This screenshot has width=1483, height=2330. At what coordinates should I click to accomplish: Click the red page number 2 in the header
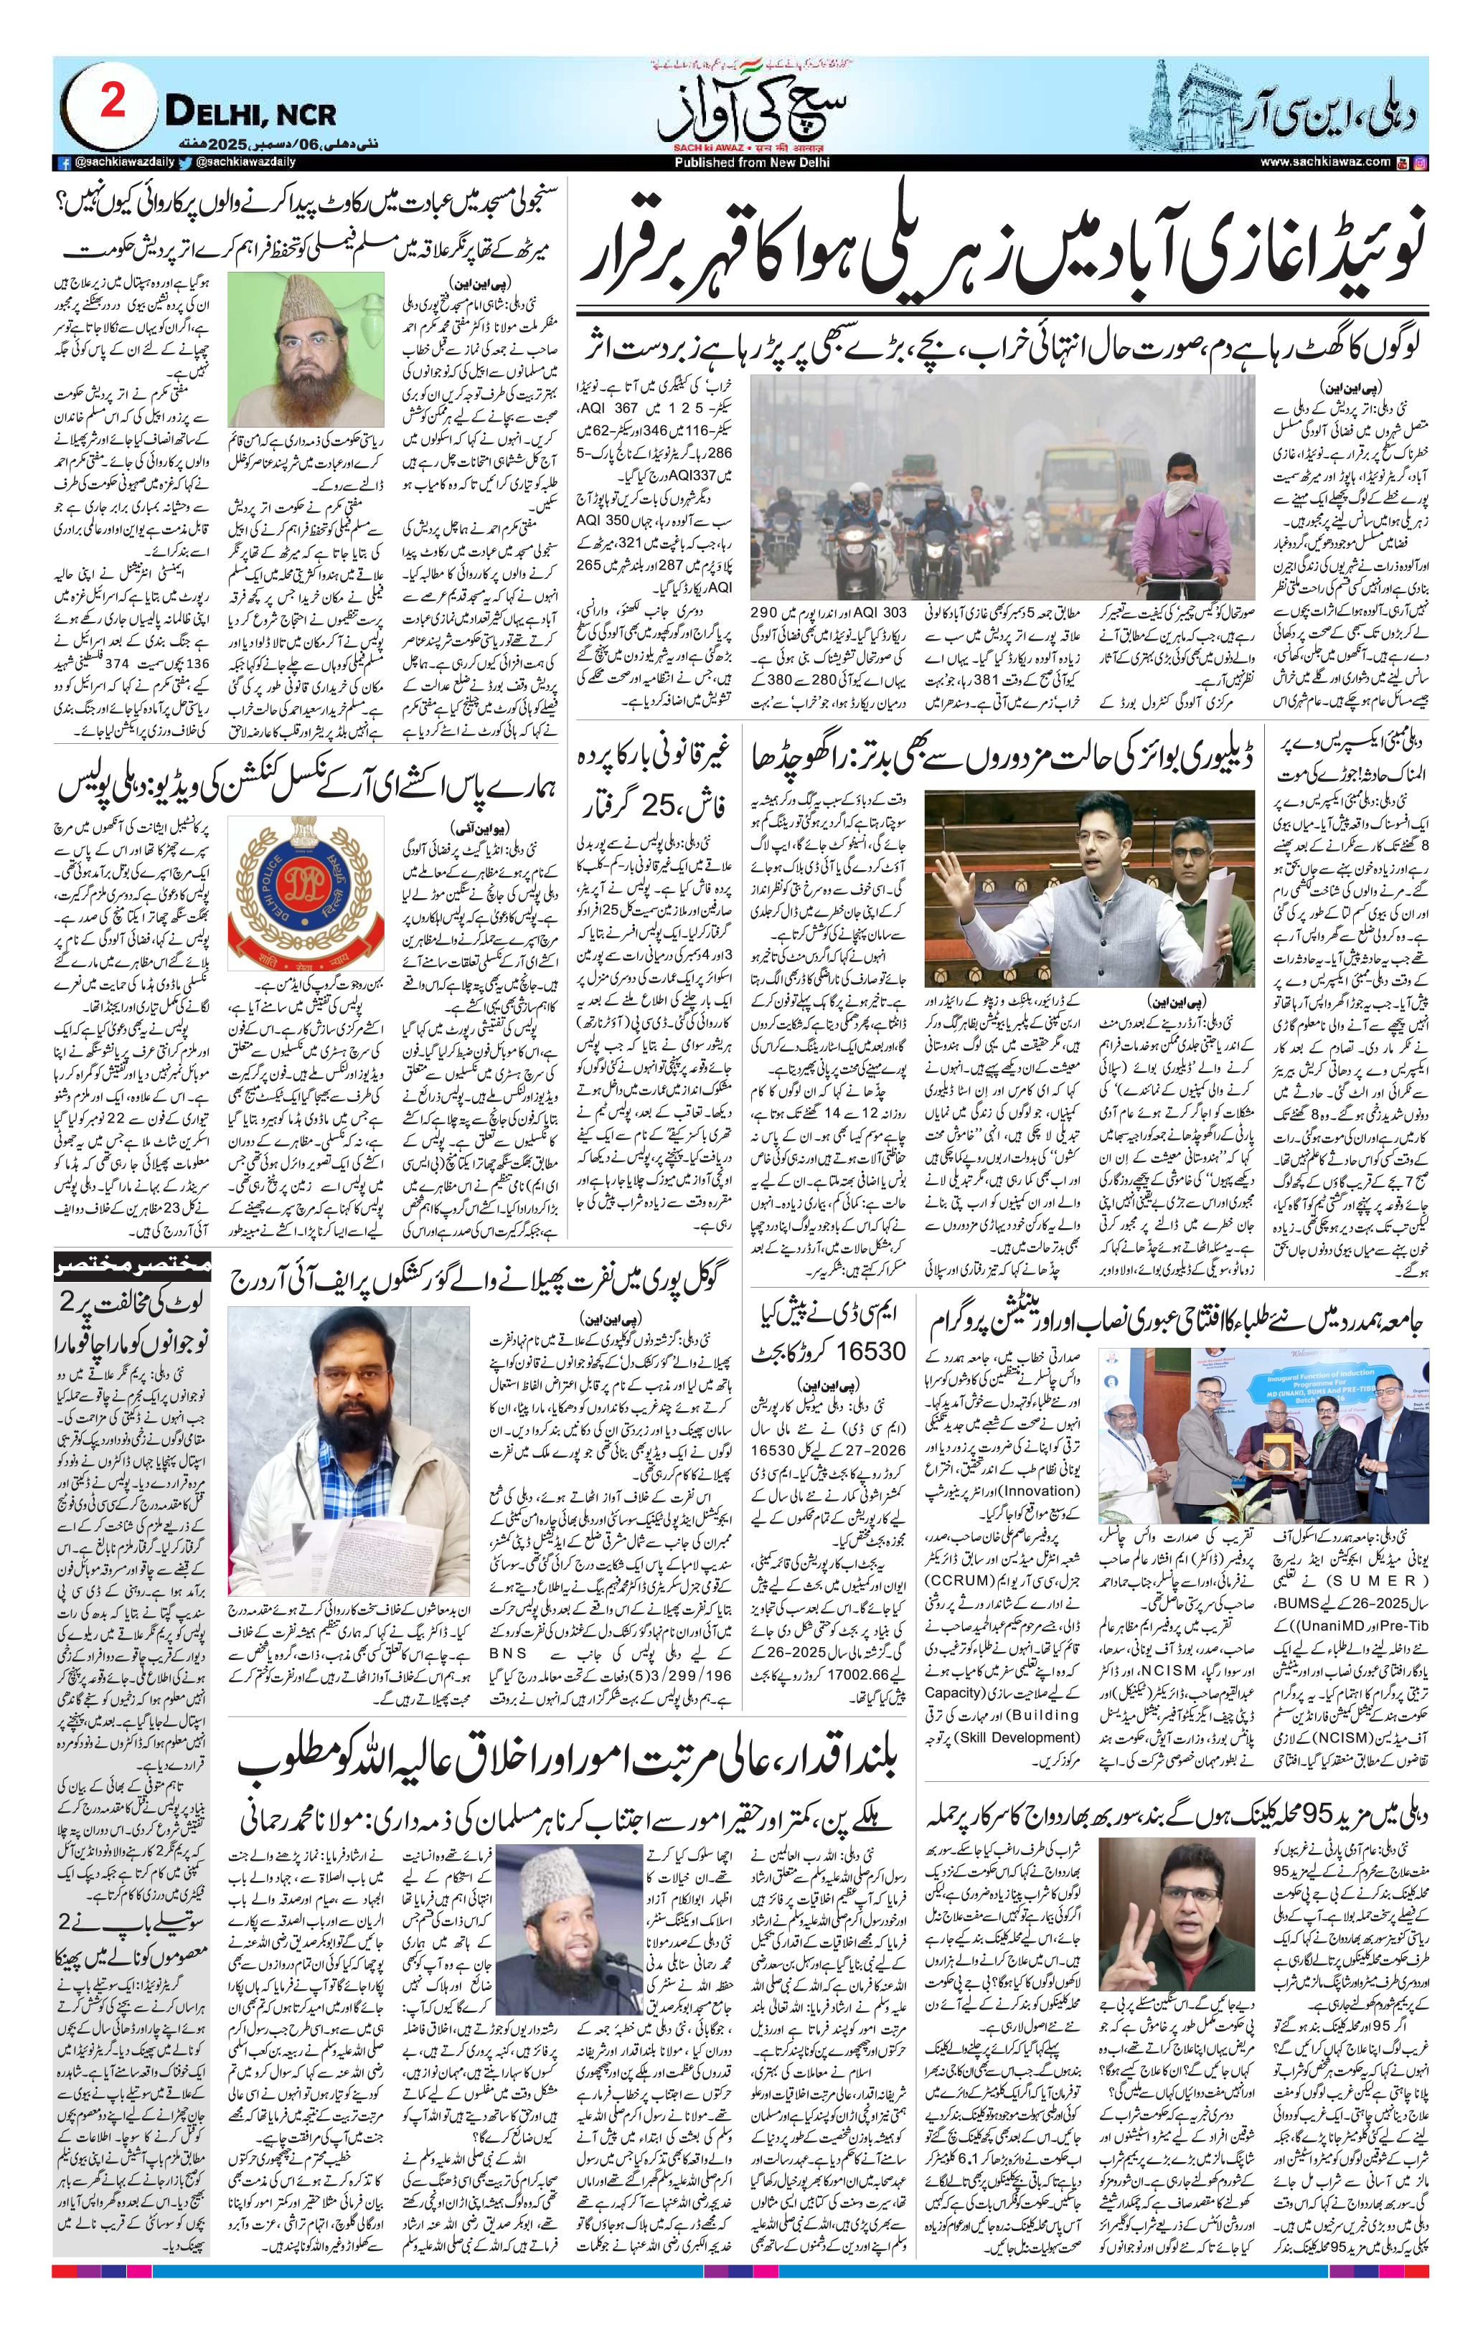tap(113, 100)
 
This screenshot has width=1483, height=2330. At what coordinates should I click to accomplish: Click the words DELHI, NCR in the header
tap(250, 113)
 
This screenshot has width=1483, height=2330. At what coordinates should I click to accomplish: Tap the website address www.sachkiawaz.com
tap(1325, 163)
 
